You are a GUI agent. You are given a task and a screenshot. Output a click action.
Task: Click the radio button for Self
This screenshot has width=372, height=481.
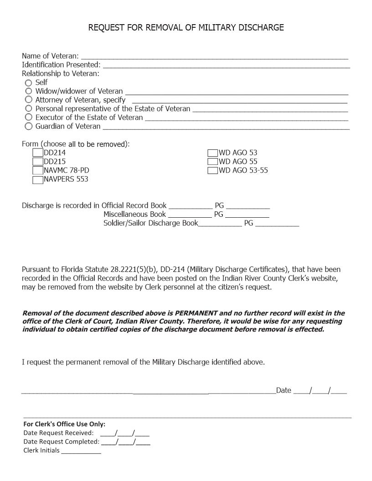(29, 83)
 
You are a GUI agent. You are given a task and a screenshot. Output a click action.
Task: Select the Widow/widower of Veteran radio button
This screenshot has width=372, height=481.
(29, 92)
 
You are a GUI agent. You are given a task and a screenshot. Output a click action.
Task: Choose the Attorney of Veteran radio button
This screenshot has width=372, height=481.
(29, 100)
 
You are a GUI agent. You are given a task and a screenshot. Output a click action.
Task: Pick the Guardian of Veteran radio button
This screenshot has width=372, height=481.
(29, 126)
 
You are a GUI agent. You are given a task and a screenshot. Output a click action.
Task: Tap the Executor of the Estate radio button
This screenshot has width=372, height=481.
(29, 118)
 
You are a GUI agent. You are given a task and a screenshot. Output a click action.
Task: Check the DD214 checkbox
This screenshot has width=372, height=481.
(38, 153)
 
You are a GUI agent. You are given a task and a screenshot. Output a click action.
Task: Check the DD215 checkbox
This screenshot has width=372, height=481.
(38, 162)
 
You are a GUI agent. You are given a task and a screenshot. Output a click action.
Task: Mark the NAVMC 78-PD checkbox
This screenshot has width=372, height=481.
(38, 170)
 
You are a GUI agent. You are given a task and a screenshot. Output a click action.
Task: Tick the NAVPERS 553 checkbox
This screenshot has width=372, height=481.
(38, 179)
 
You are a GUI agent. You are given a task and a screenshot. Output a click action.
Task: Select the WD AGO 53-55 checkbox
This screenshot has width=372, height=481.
(212, 170)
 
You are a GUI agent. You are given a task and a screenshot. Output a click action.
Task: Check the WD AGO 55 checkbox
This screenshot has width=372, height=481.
(212, 162)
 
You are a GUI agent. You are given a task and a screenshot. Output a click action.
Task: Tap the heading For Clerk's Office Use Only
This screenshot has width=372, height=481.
(64, 424)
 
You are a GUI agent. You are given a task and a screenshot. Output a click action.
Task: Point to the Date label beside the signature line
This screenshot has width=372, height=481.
(284, 390)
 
